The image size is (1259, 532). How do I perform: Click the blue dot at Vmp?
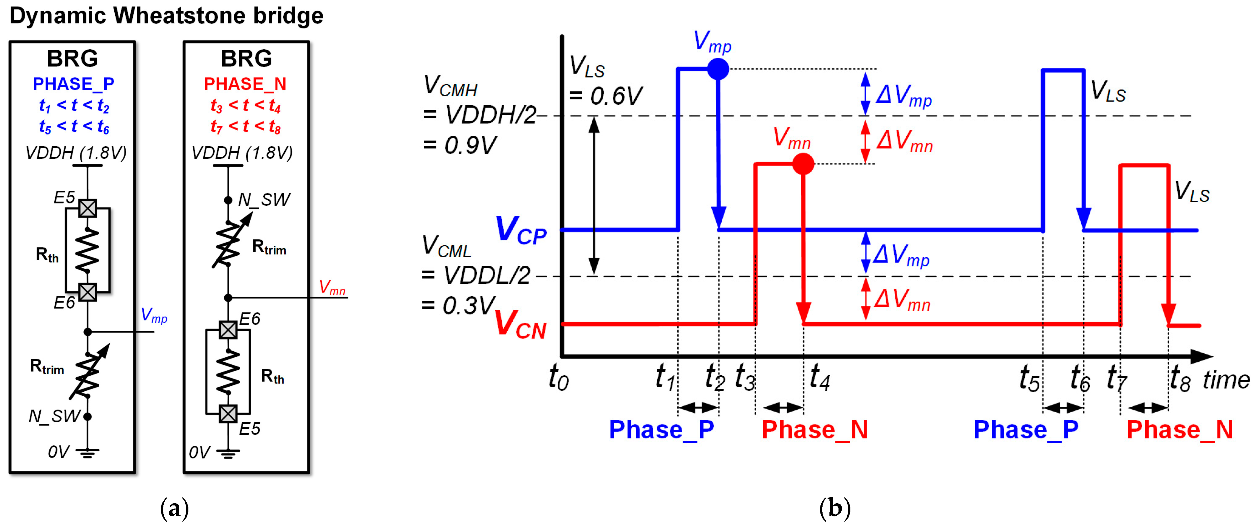tap(718, 69)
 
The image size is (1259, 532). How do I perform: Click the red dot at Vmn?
tap(803, 164)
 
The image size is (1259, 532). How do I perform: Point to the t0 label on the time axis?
tap(559, 378)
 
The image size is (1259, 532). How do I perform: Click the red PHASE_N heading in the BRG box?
tap(245, 84)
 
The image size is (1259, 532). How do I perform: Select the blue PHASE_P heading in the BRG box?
tap(73, 84)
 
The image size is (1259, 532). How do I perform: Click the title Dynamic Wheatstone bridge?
tap(166, 16)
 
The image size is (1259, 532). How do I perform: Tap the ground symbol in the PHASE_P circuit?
tap(87, 453)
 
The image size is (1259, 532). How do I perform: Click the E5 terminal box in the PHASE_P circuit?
tap(87, 208)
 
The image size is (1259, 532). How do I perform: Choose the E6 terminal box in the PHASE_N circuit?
tap(228, 329)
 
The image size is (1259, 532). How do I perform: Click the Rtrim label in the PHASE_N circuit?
tap(269, 248)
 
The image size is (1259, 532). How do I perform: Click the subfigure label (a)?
tap(175, 509)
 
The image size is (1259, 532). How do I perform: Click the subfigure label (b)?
tap(835, 509)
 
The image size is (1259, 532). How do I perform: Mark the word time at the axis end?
tap(1226, 380)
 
